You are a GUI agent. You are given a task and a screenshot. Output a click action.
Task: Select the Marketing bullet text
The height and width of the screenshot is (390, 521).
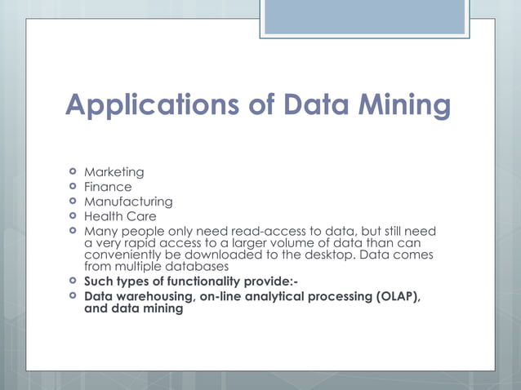[x=114, y=172]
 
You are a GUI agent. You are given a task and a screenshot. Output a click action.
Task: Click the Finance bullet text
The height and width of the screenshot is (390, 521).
[x=108, y=187]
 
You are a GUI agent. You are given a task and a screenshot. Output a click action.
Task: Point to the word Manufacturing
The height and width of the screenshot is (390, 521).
[x=128, y=202]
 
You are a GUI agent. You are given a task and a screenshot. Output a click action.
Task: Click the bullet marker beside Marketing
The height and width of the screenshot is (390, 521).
[x=73, y=172]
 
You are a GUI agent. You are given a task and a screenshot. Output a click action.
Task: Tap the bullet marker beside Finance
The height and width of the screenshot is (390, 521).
[x=73, y=187]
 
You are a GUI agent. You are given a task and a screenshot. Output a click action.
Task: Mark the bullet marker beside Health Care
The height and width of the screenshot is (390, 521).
[x=73, y=216]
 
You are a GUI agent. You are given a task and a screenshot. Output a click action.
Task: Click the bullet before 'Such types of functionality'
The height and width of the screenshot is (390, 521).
[x=73, y=281]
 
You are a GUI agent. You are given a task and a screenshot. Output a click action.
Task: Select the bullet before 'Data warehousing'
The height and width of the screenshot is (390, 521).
[x=73, y=295]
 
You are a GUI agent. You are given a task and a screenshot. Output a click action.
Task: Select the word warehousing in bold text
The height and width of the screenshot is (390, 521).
[x=154, y=295]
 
